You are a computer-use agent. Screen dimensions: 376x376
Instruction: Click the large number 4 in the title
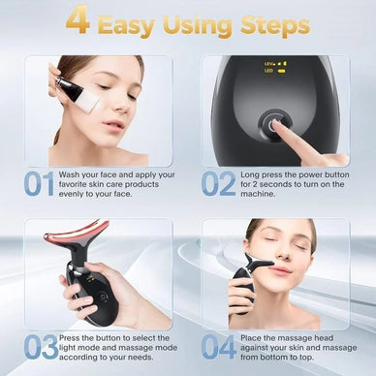tap(78, 22)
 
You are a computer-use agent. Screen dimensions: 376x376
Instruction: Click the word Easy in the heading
tap(129, 23)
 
